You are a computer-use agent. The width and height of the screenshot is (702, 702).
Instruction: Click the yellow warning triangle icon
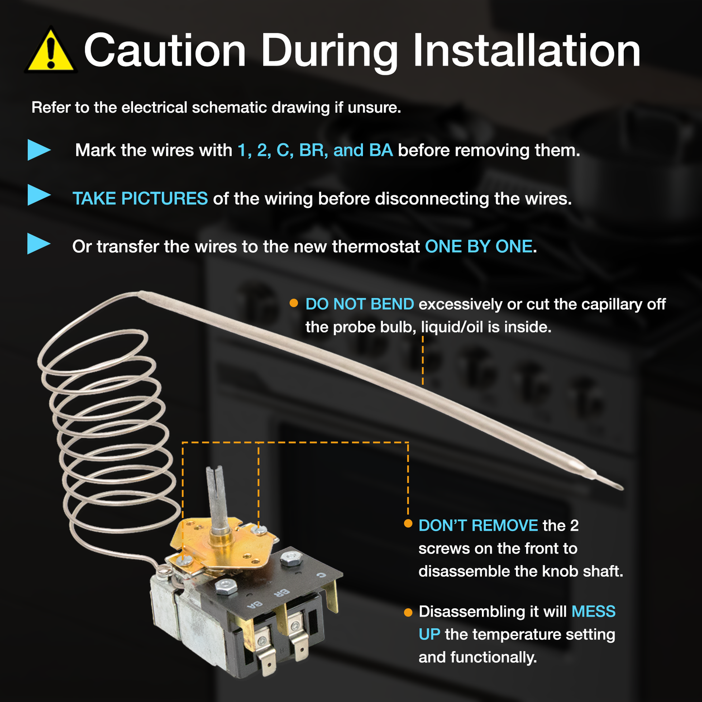(x=50, y=51)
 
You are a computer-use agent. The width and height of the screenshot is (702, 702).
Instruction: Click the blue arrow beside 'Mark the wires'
(x=39, y=150)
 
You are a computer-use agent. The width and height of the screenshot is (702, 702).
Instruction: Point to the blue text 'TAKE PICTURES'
(x=140, y=199)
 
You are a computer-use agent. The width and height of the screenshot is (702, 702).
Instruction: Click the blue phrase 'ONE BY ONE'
(x=479, y=247)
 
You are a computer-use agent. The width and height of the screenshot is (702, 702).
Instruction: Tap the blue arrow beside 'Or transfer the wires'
(x=39, y=244)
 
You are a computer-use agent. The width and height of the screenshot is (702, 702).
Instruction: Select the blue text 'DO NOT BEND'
(x=360, y=304)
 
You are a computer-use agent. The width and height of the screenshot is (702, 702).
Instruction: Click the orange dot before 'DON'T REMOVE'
(x=408, y=524)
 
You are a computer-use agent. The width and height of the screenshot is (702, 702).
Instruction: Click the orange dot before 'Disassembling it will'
(x=408, y=613)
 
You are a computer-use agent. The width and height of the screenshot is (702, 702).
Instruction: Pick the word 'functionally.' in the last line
(x=494, y=658)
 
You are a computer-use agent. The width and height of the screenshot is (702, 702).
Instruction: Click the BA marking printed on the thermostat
(x=254, y=605)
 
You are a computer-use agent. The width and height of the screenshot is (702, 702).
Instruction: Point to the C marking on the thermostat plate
(x=321, y=575)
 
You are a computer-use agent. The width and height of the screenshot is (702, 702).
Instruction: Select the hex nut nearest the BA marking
(x=226, y=586)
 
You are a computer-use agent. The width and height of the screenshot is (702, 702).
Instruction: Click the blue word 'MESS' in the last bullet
(x=594, y=612)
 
